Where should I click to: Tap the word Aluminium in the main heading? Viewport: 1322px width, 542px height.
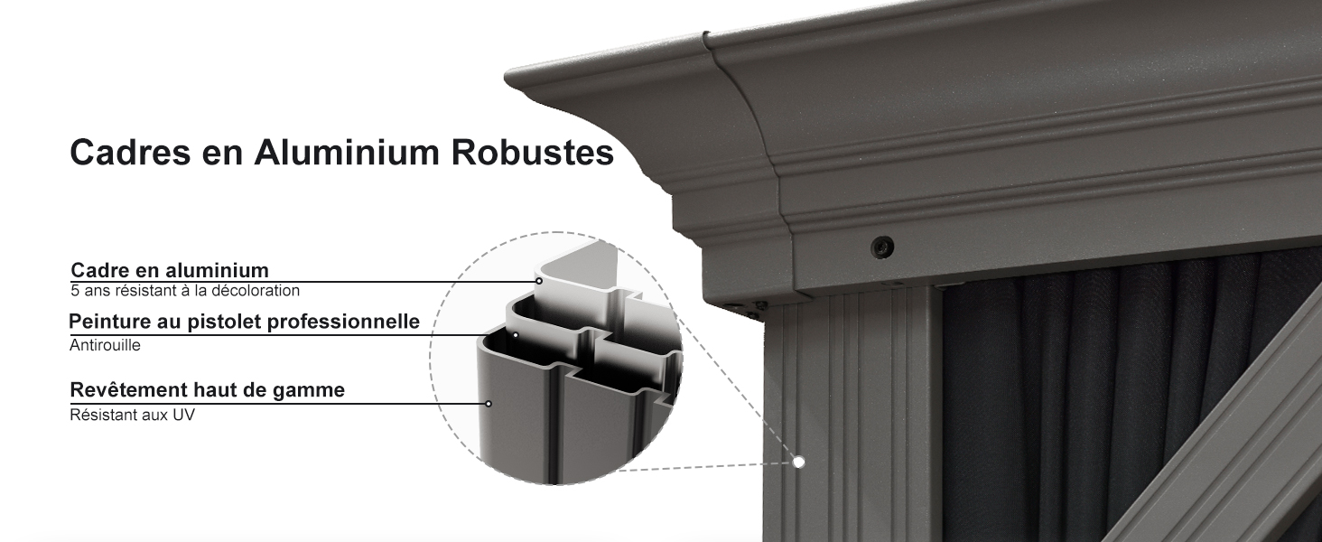[347, 153]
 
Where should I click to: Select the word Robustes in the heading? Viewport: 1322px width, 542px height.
[533, 153]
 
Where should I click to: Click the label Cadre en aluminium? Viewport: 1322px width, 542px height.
[170, 270]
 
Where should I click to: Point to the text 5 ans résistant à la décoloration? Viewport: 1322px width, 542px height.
[185, 291]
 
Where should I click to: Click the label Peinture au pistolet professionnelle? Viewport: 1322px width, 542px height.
[245, 322]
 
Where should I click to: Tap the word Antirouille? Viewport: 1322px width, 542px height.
[105, 345]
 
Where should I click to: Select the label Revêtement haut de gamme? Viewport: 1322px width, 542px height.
[207, 390]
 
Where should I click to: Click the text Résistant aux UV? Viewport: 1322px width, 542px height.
[132, 415]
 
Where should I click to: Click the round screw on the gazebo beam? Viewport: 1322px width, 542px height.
[882, 247]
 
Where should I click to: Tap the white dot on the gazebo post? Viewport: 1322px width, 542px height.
[798, 463]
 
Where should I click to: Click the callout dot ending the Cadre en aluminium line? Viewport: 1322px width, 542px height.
[539, 281]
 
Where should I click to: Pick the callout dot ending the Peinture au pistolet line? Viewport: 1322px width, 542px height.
[516, 335]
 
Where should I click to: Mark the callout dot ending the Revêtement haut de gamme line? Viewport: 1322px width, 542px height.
[489, 404]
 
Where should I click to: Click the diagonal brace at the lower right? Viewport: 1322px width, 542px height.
[1227, 437]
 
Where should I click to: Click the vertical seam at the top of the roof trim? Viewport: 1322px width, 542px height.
[706, 42]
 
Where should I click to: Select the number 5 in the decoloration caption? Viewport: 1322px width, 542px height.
[75, 291]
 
